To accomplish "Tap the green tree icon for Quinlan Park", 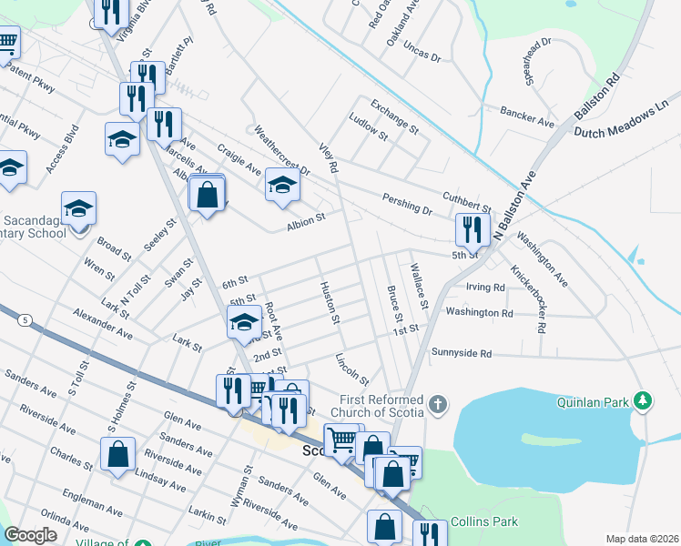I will click(x=644, y=400).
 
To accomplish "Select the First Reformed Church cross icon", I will click(x=439, y=404).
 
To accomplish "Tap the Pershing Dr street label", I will click(x=407, y=203).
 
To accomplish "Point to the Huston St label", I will click(x=330, y=303).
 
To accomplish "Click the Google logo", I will click(x=31, y=535).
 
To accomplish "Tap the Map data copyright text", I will click(x=643, y=539).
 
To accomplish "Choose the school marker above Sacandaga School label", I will click(x=78, y=208).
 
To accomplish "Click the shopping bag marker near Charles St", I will click(x=118, y=454).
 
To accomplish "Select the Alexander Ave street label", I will click(x=103, y=325).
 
